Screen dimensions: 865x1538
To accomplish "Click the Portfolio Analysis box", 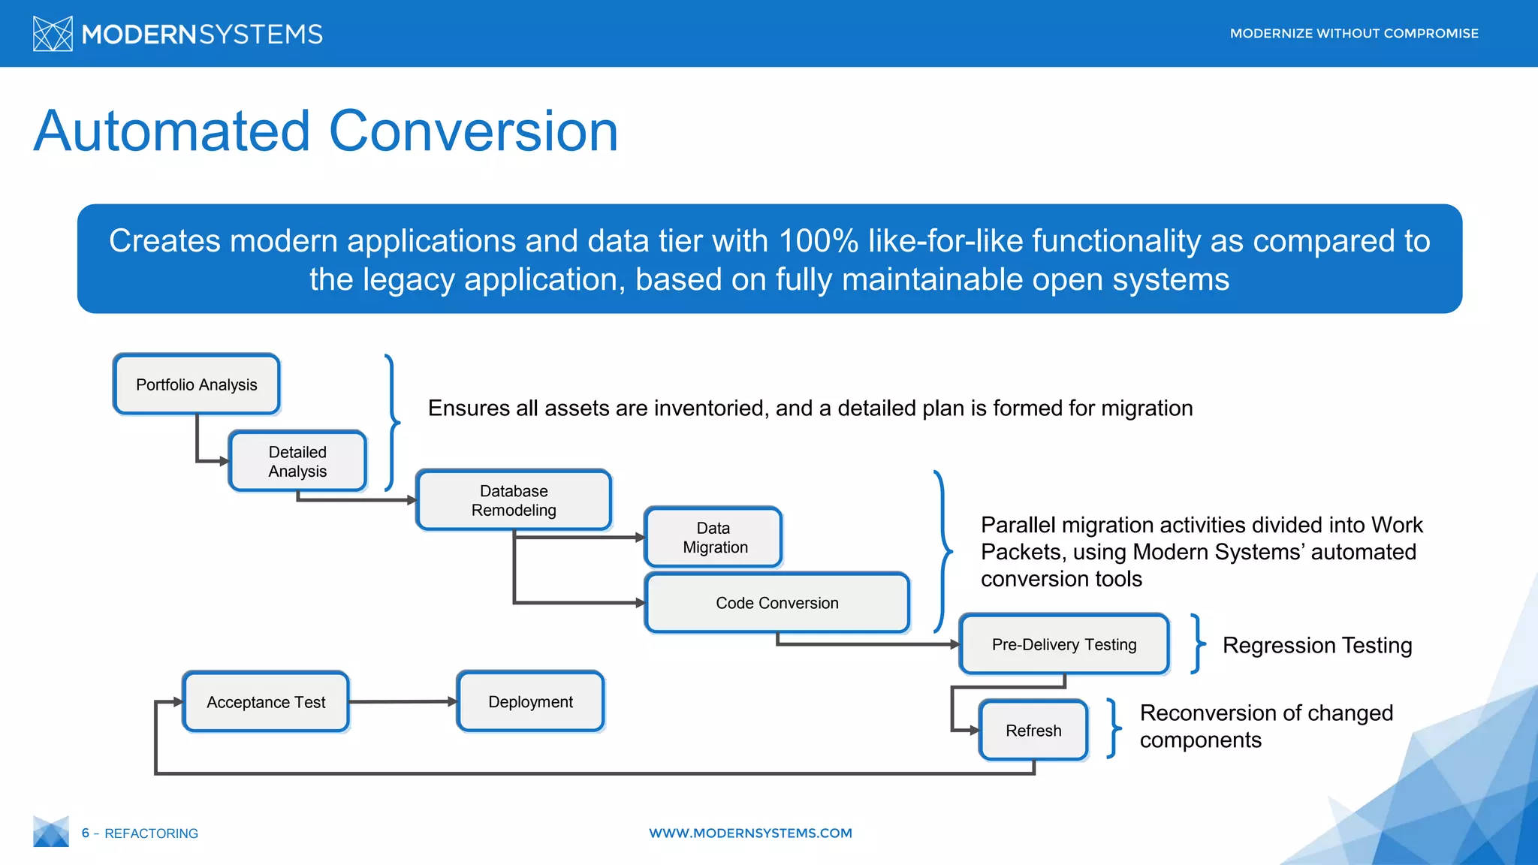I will click(197, 384).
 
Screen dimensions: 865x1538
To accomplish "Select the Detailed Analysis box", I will click(297, 461).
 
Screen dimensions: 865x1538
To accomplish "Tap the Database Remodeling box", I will click(514, 500).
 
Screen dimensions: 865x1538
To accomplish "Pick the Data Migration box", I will click(713, 538).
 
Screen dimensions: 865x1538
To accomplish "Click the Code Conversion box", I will click(777, 603).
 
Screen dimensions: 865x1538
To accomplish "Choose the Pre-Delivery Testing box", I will click(1064, 644).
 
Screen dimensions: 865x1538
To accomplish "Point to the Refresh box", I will click(1033, 731).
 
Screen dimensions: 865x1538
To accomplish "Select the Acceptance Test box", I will click(266, 702).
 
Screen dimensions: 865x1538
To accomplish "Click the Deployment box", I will click(530, 702).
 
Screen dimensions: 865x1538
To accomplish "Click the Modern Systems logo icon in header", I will click(53, 34).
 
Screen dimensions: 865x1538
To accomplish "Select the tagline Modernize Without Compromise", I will click(1353, 34).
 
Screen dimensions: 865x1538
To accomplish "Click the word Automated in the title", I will click(171, 131).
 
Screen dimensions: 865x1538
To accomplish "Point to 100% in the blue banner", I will click(819, 241).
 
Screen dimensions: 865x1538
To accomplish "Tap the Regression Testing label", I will click(1317, 646).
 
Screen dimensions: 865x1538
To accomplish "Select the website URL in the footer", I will click(750, 833).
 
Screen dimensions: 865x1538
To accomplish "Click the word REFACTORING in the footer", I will click(151, 833).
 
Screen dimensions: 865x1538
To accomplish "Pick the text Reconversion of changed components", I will click(1266, 726).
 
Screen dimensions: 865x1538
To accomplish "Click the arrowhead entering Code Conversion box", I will click(640, 603).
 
